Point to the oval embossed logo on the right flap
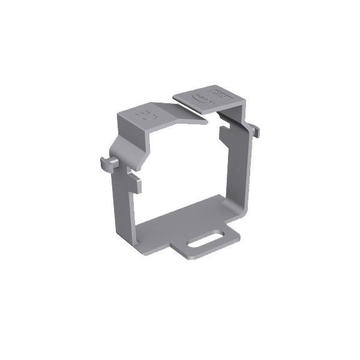[199, 98]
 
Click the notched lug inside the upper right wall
[226, 133]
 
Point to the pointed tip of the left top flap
[206, 122]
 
